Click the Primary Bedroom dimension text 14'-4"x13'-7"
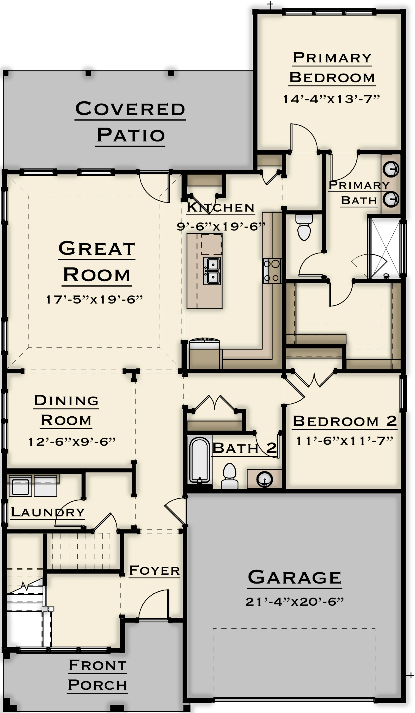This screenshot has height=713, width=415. (x=331, y=99)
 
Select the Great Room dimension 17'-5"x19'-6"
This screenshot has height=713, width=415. (x=94, y=299)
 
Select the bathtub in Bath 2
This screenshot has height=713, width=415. (x=200, y=460)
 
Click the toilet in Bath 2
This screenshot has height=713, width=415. (x=230, y=476)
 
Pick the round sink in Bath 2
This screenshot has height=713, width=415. (x=264, y=479)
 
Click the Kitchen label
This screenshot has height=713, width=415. (x=221, y=207)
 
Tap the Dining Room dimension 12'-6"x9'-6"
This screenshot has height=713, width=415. (x=72, y=442)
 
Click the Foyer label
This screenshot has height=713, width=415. (x=154, y=570)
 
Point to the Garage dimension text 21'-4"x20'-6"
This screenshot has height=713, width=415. (x=295, y=602)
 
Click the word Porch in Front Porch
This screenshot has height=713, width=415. (x=97, y=685)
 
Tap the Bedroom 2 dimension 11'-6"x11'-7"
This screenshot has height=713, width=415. (x=345, y=441)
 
